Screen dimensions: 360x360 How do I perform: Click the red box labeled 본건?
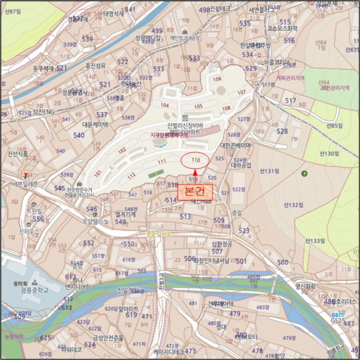(x=195, y=190)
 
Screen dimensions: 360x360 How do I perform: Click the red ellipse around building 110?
(x=195, y=160)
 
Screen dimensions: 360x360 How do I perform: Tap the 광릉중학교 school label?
(x=34, y=290)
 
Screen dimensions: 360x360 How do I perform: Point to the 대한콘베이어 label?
(x=236, y=146)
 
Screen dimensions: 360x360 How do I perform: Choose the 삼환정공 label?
(x=222, y=243)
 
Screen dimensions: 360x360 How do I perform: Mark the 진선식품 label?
(x=18, y=153)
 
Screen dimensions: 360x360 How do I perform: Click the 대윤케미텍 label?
(x=95, y=124)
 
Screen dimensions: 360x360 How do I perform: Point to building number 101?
(x=98, y=173)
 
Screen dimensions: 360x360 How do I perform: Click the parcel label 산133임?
(x=315, y=241)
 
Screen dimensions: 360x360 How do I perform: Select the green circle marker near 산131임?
(x=304, y=173)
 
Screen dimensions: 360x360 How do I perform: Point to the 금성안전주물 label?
(x=109, y=338)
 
